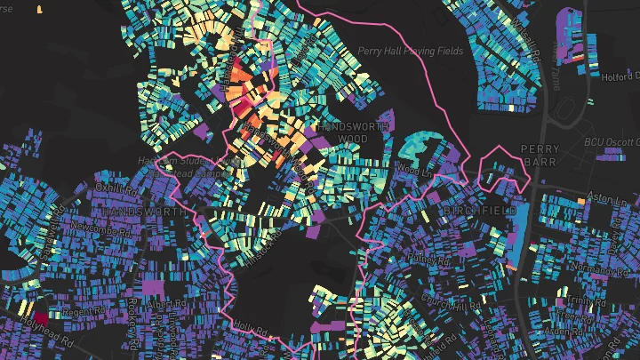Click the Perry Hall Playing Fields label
[x=410, y=52]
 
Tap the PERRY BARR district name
[x=540, y=156]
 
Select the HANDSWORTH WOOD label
[x=341, y=133]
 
